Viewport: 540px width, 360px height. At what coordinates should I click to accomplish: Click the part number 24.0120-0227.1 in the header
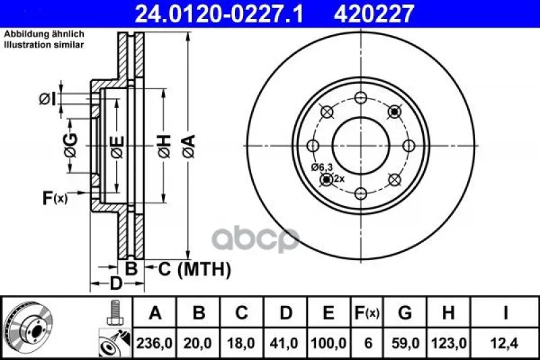pos(219,14)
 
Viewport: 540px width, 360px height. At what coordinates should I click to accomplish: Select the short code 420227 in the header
pos(373,14)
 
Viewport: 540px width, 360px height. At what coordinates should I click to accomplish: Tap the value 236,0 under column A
pos(155,343)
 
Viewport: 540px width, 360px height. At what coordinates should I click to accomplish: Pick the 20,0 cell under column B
pos(198,343)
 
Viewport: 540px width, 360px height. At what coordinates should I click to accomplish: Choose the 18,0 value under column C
pos(241,343)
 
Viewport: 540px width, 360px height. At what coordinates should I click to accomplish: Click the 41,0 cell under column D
pos(284,343)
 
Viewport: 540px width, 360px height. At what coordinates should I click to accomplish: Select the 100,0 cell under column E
pos(329,343)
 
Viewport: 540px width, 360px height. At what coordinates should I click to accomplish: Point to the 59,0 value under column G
pos(406,343)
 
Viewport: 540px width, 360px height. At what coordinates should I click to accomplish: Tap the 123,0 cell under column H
pos(449,343)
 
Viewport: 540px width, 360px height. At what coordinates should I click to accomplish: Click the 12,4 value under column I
pos(504,343)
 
